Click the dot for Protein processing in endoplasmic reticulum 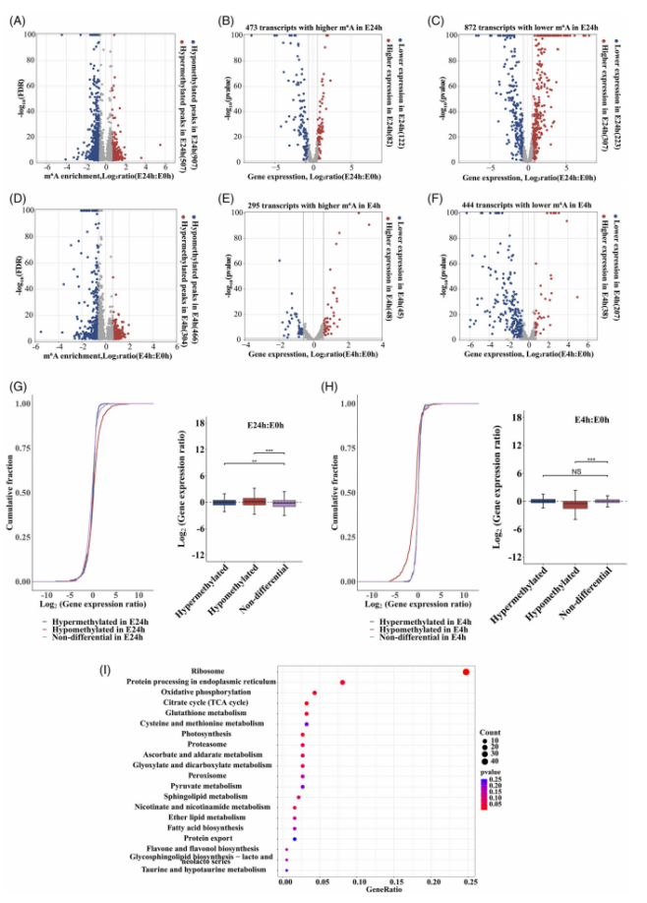(342, 683)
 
